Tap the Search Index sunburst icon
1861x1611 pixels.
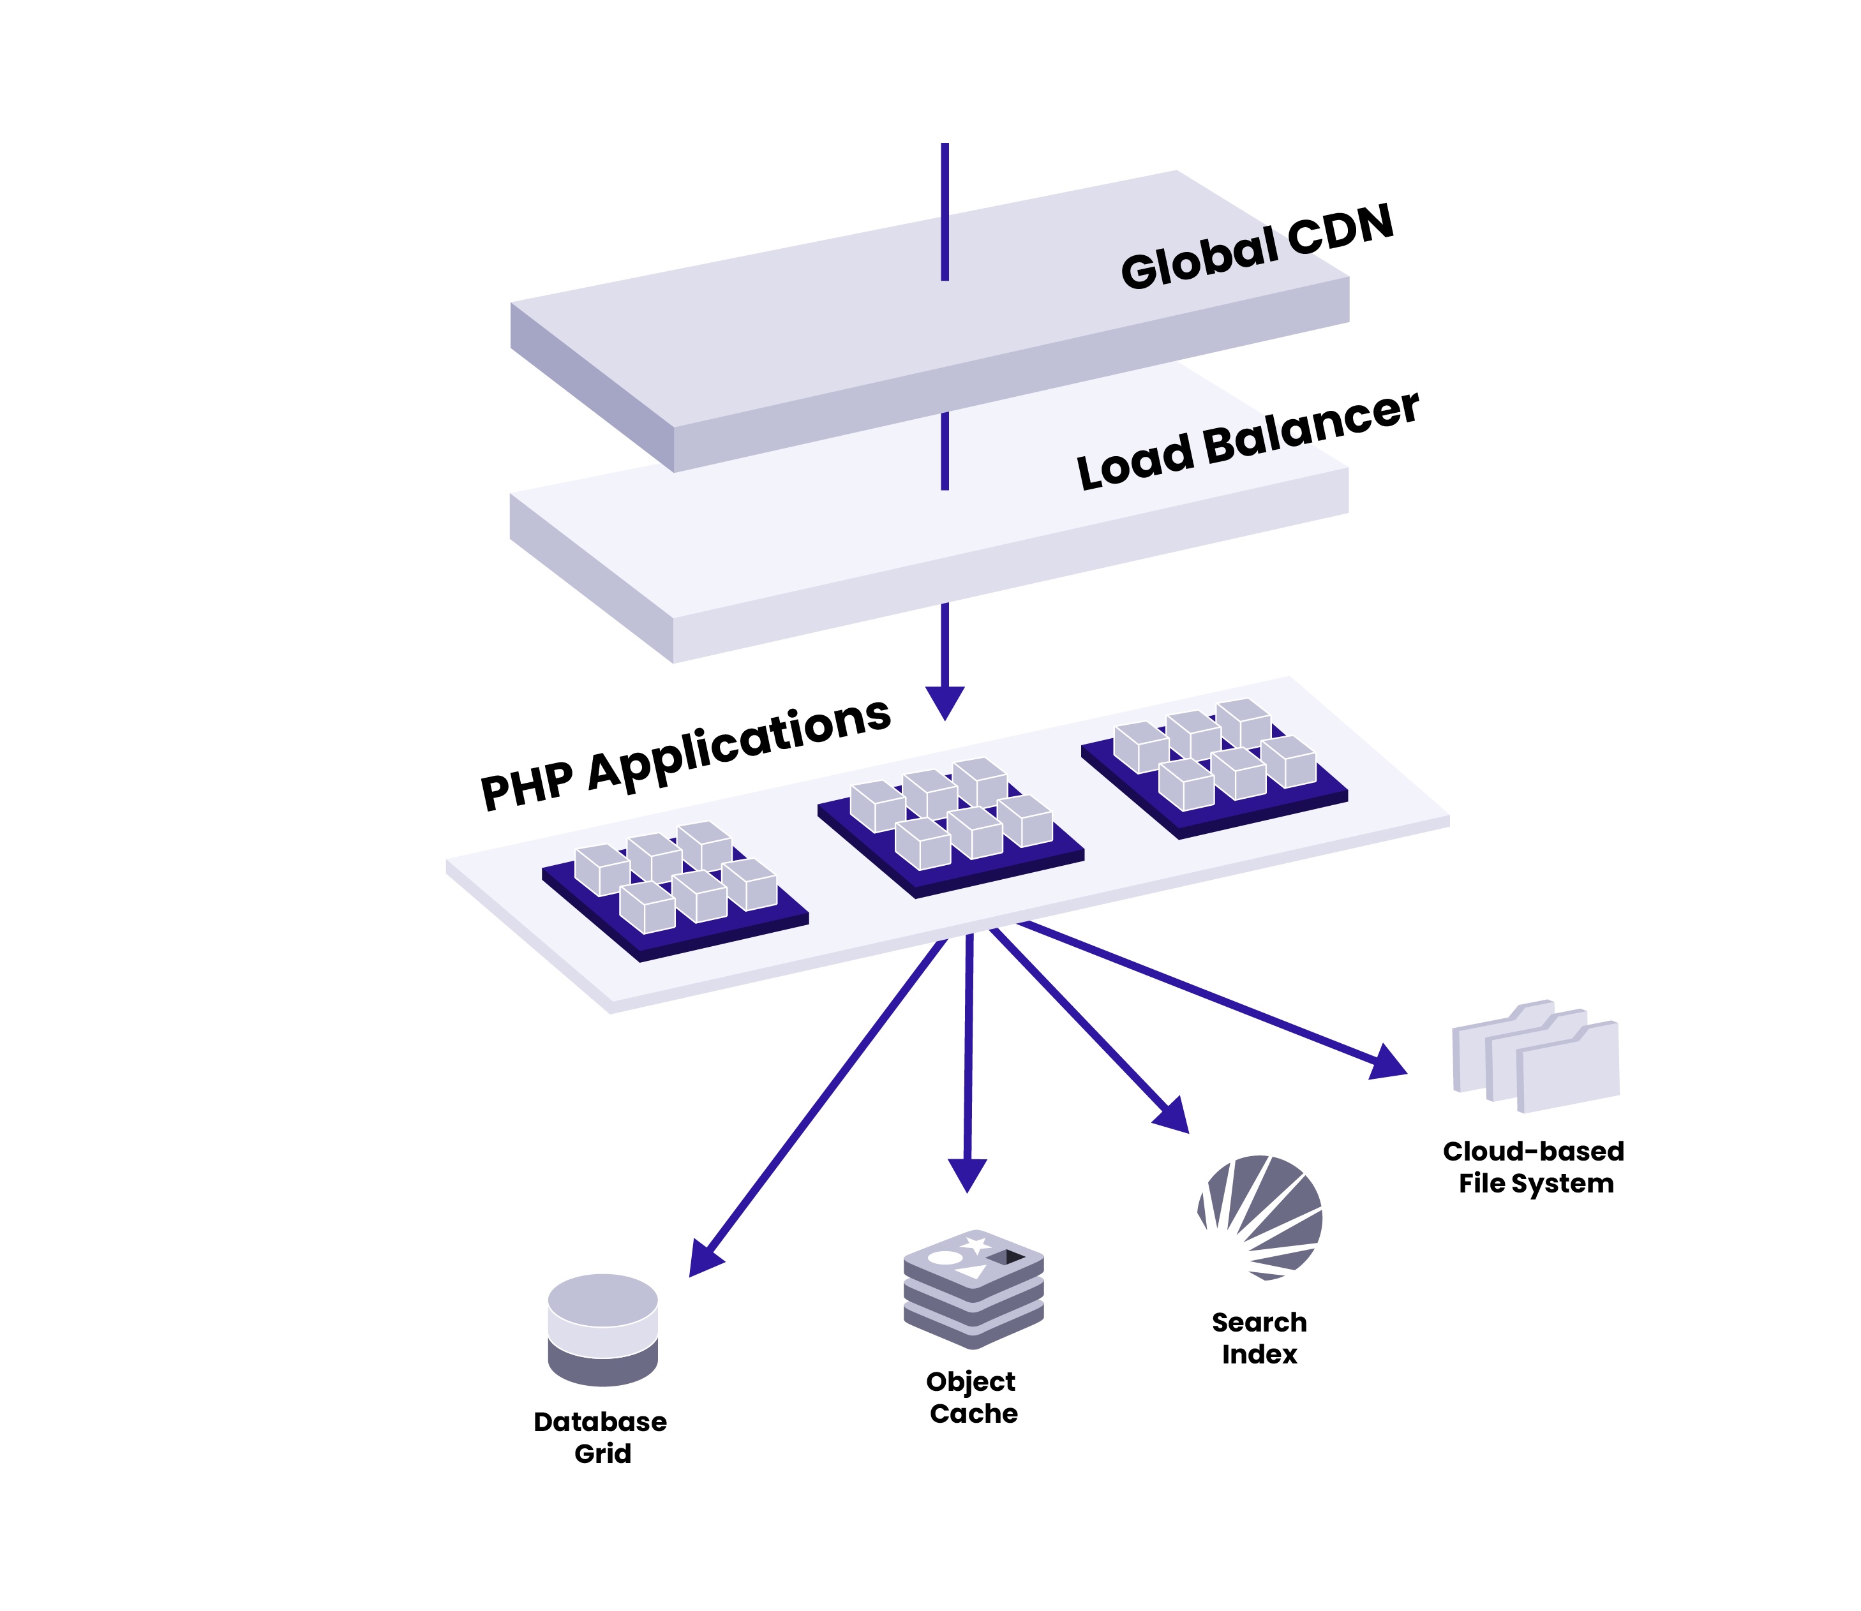click(1260, 1218)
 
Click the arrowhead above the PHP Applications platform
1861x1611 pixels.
click(945, 702)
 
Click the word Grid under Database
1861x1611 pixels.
click(602, 1453)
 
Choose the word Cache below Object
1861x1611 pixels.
click(974, 1413)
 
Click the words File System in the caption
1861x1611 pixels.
click(1536, 1183)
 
